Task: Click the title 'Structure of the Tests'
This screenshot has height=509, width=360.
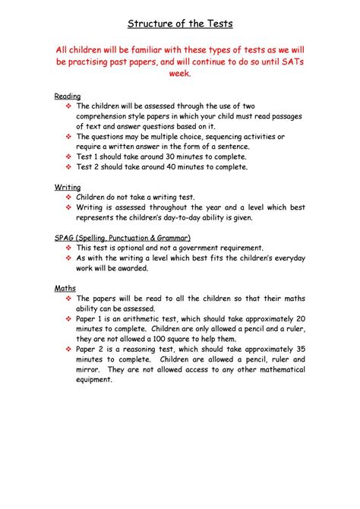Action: point(180,21)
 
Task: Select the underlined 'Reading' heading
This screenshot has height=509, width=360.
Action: point(67,96)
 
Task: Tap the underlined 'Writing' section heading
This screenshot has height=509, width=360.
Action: point(66,186)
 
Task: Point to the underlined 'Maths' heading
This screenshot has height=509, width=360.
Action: point(65,288)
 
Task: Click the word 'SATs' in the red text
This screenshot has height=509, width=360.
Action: point(287,62)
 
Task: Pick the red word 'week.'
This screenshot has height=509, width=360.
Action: point(180,75)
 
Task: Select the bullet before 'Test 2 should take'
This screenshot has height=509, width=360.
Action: point(68,166)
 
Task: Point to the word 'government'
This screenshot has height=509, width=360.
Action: point(210,248)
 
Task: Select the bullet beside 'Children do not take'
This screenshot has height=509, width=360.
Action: point(68,197)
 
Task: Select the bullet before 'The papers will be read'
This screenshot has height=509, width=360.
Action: point(68,299)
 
